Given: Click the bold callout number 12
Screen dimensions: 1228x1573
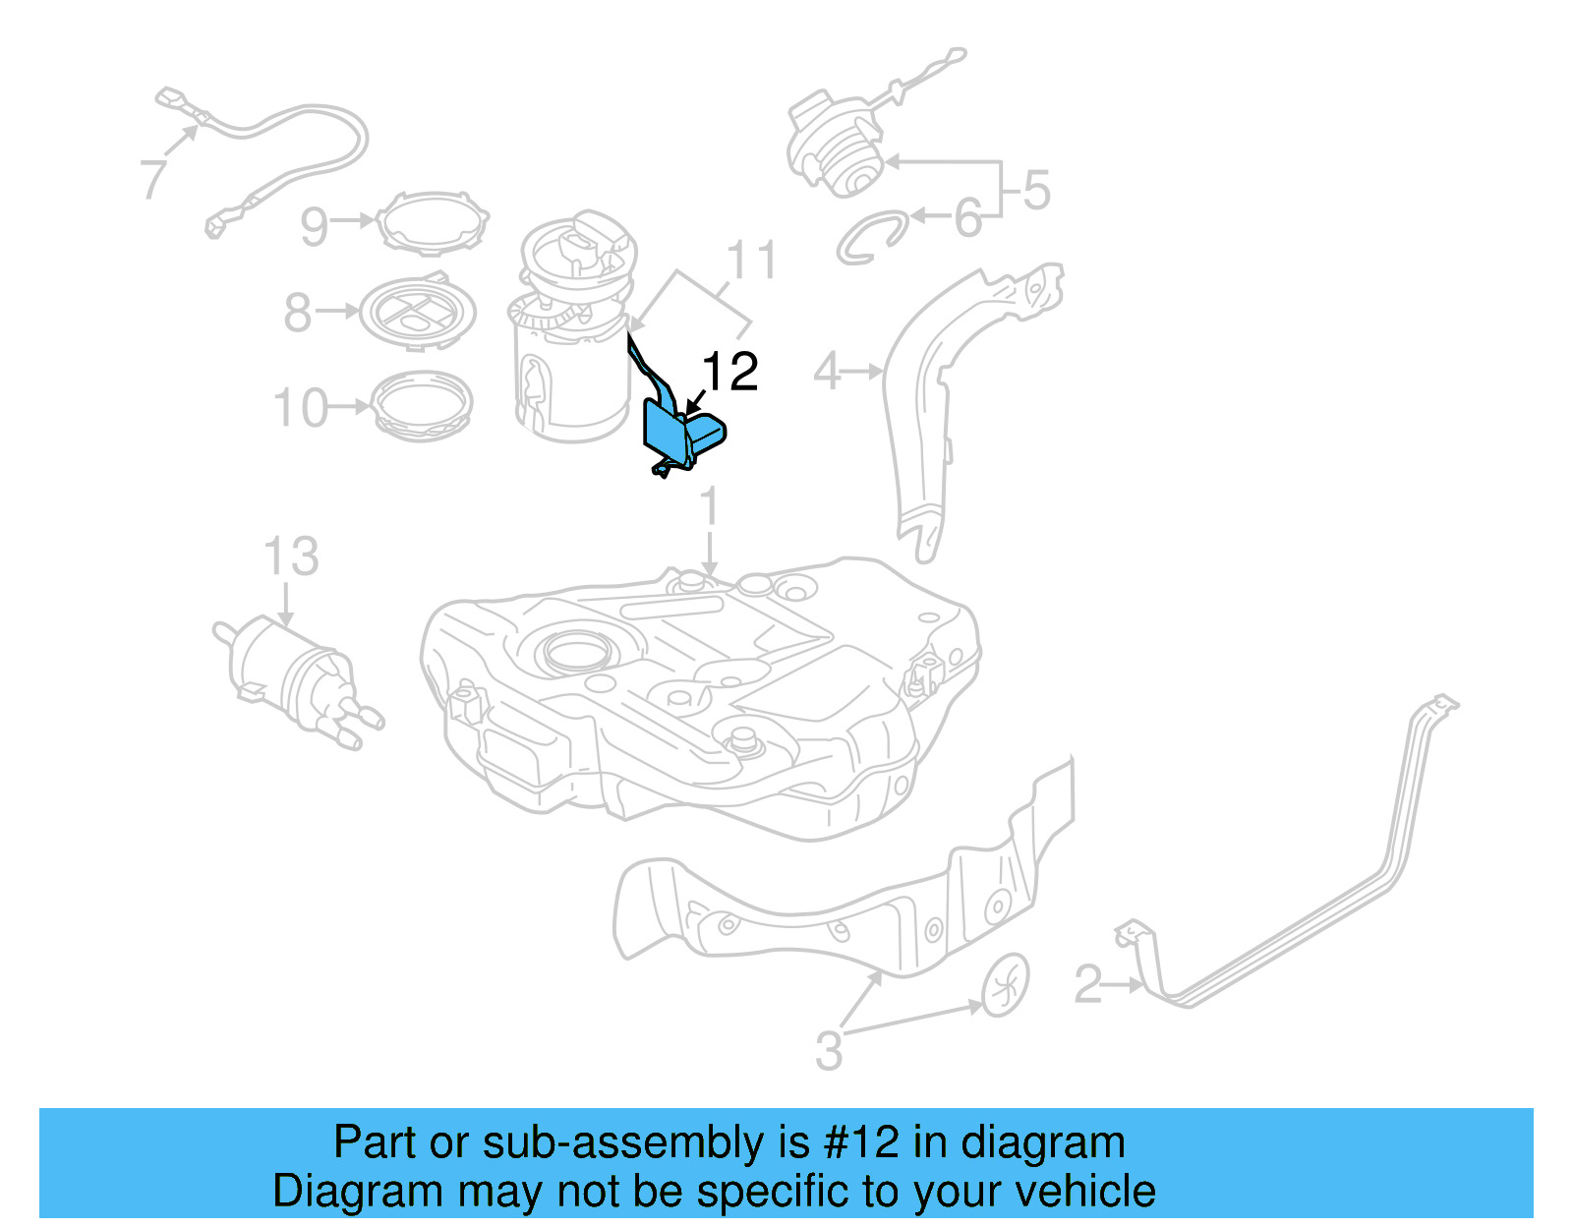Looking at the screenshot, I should click(x=729, y=373).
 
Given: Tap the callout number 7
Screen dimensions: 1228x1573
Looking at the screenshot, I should click(x=153, y=179).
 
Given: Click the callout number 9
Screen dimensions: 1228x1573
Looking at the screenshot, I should click(x=314, y=226).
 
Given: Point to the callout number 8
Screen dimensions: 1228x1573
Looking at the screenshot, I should click(x=297, y=314).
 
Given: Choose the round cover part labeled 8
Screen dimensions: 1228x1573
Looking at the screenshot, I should click(x=418, y=312).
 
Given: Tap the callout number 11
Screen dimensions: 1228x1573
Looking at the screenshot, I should click(x=751, y=262).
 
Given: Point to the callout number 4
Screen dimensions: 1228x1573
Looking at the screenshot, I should click(x=827, y=373).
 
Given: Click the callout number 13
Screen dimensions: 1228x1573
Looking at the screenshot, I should click(x=291, y=557).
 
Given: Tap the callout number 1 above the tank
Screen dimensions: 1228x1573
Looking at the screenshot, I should click(x=709, y=508).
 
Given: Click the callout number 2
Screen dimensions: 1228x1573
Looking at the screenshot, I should click(x=1087, y=984).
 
